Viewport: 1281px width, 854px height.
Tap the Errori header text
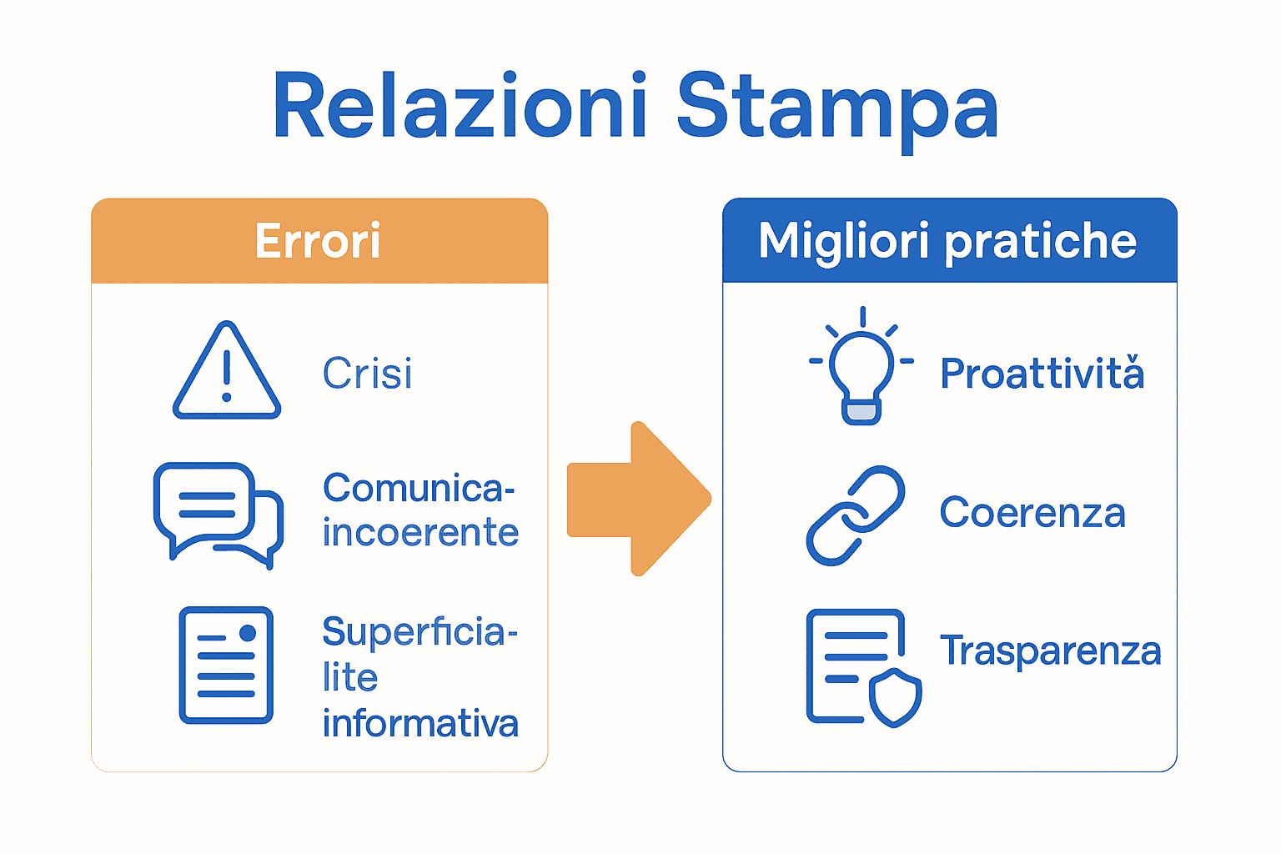318,241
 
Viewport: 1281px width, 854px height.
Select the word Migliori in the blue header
843,241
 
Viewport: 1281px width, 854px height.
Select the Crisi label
367,373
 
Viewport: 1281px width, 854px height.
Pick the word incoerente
420,533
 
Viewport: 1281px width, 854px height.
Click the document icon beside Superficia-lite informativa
226,665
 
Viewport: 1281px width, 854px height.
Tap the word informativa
420,723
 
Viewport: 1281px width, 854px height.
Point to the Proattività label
1042,373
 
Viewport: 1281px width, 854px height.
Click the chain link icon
856,515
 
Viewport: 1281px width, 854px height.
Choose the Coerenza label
1032,512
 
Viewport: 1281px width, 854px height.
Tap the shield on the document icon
895,696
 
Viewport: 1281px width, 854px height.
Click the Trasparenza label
1050,651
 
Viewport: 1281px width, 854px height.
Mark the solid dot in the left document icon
248,634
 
